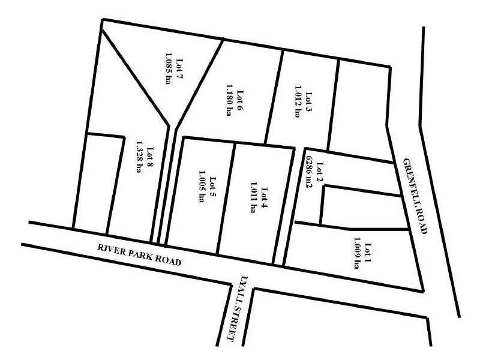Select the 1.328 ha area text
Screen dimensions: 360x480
point(139,157)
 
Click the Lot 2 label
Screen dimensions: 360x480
point(319,172)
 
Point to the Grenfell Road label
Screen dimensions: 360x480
point(413,196)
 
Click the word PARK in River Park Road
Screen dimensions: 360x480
point(140,254)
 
